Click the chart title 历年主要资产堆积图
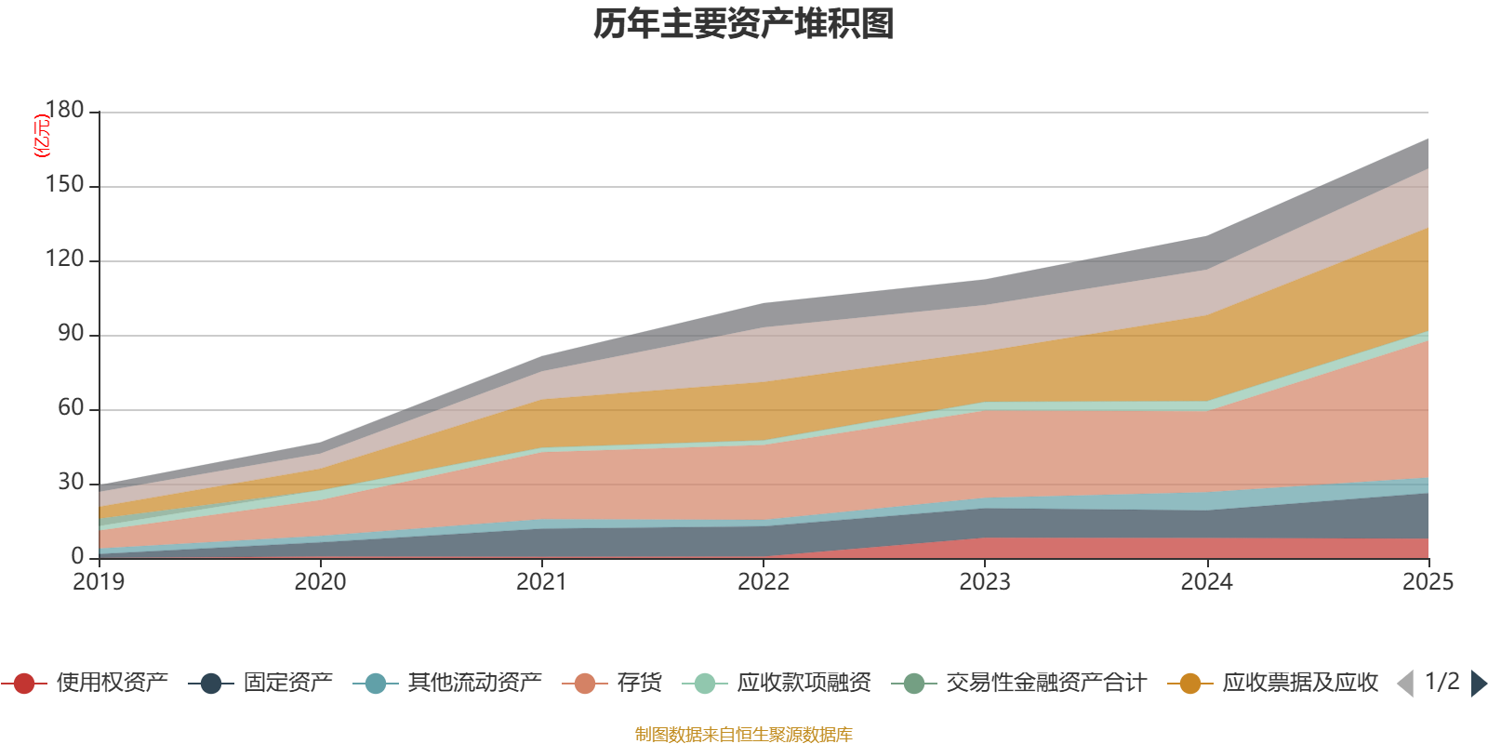click(744, 24)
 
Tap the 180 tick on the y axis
click(64, 110)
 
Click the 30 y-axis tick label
click(71, 482)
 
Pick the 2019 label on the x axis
click(99, 582)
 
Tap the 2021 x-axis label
click(541, 582)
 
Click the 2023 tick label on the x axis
click(985, 582)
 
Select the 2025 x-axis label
click(1427, 582)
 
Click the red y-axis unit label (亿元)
click(41, 136)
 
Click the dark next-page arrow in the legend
click(1478, 684)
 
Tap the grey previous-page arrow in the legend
click(1405, 684)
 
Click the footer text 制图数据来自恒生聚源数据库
click(744, 735)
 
